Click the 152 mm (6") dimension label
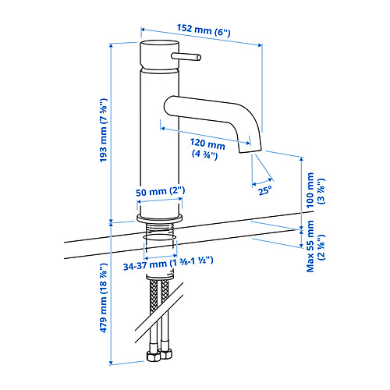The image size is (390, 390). coord(204,30)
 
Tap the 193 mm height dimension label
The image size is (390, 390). coord(104,130)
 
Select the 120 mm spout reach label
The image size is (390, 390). coord(207,148)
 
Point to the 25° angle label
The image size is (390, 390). coord(265,190)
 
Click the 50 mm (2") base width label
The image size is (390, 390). coord(161,192)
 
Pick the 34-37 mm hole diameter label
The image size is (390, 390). coord(168,263)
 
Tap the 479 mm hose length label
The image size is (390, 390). coord(104,298)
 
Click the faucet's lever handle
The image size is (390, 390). coord(186,56)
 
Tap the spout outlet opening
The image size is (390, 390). coord(250,151)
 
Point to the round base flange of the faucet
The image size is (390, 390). coord(159,218)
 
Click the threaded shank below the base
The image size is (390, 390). coord(159,229)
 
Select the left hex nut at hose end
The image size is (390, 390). coord(154,356)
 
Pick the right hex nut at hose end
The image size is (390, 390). coord(166,354)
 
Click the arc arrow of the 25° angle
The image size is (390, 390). coord(262,183)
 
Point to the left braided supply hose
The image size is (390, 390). coord(154,312)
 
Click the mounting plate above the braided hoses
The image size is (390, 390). coord(160,277)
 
